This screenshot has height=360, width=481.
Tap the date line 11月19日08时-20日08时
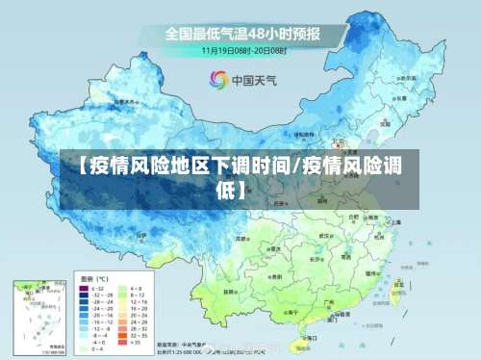coord(244,49)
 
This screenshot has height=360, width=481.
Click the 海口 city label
coord(308,325)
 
